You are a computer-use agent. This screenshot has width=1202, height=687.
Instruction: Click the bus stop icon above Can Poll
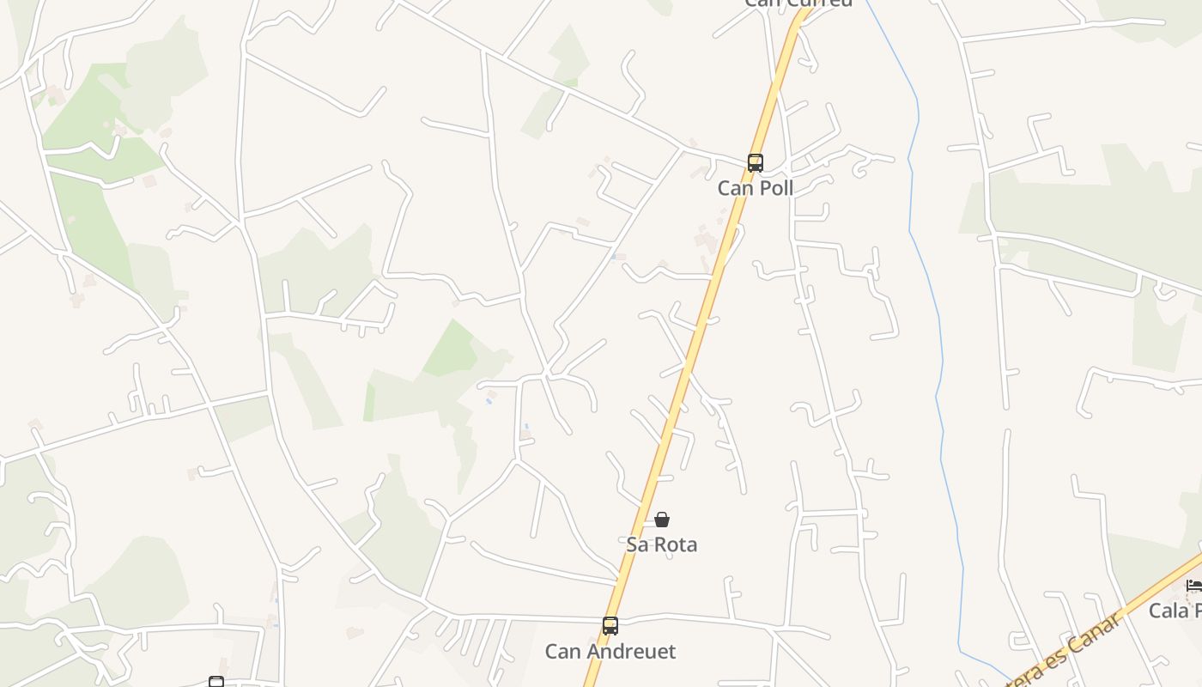[x=756, y=163]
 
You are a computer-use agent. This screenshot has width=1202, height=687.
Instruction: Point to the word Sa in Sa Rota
[x=636, y=544]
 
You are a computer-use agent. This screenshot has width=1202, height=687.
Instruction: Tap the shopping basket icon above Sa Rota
[x=662, y=520]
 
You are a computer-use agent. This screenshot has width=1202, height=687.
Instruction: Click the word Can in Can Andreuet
[x=562, y=652]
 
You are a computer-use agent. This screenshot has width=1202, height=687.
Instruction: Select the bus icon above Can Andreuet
[x=610, y=626]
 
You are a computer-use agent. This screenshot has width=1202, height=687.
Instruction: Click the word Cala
[x=1168, y=611]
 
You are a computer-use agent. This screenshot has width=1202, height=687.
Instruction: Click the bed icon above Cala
[x=1194, y=586]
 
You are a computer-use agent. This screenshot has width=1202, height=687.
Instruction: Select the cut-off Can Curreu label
[x=798, y=3]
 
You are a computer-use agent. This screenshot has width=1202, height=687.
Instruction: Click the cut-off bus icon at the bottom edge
[x=216, y=682]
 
